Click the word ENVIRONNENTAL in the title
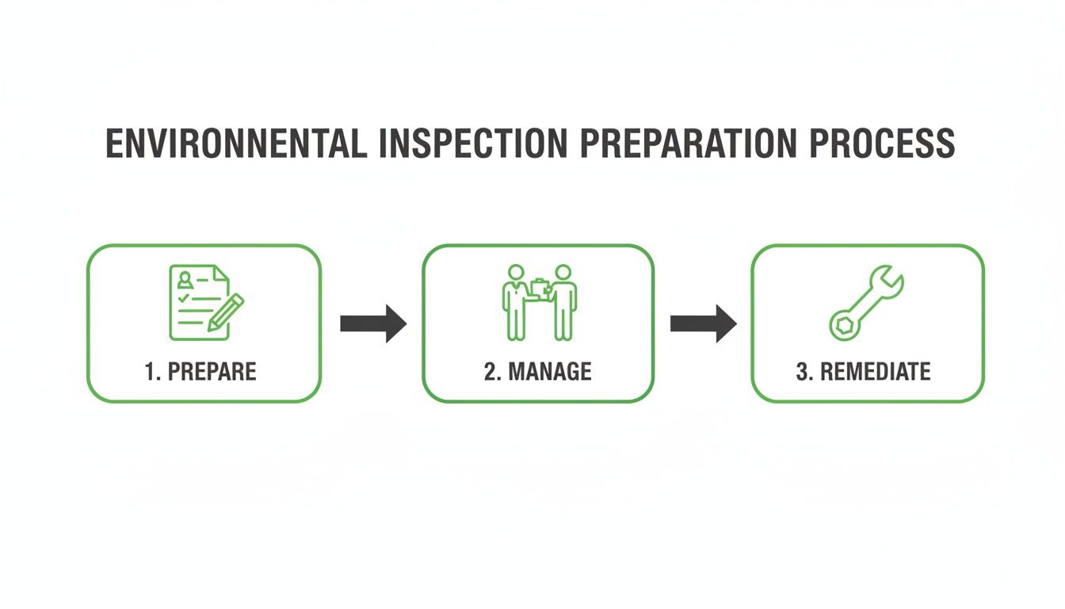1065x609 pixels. click(236, 144)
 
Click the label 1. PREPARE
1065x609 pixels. click(201, 371)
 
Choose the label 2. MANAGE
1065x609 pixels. click(538, 371)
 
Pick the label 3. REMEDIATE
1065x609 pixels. click(863, 371)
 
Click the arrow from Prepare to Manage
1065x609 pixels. click(373, 324)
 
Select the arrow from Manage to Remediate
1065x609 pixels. click(704, 324)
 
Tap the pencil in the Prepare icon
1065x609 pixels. click(225, 312)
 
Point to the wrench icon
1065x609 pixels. click(866, 303)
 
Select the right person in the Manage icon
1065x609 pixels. click(563, 301)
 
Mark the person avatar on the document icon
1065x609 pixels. click(185, 279)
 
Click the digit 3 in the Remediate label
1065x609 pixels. click(801, 371)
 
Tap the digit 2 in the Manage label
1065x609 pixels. click(490, 371)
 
